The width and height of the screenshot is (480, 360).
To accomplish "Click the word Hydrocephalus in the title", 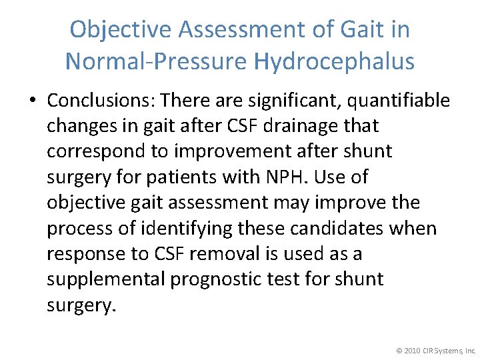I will [x=334, y=61].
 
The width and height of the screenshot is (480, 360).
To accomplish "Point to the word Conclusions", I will [x=100, y=100].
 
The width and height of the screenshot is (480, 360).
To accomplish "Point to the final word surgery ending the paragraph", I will [x=81, y=305].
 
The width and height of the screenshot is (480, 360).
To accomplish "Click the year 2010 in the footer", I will [x=412, y=349].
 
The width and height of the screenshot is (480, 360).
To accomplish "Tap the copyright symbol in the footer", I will [x=399, y=349].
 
